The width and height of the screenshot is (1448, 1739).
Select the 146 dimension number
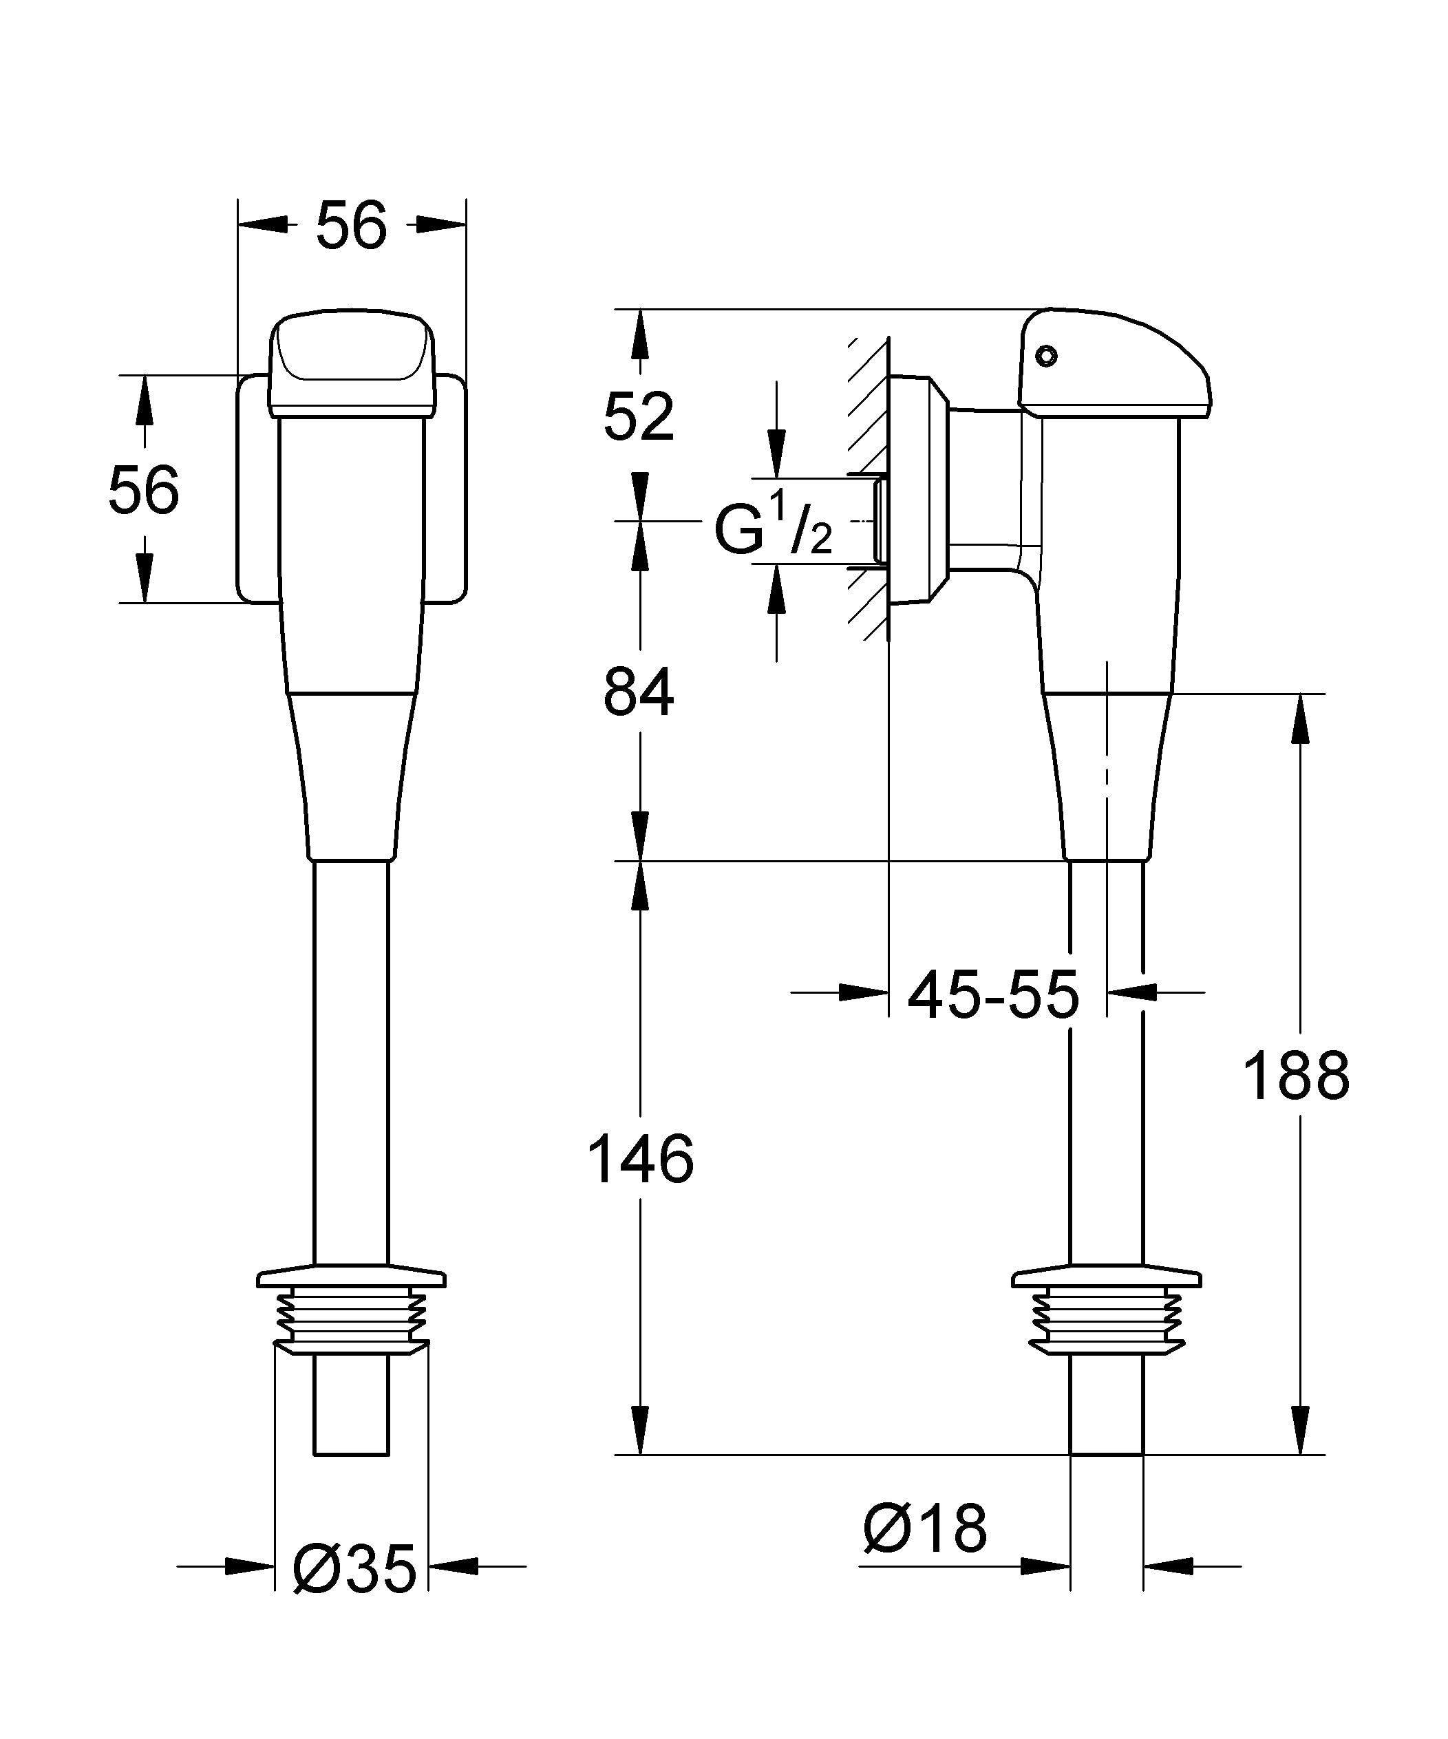639,1160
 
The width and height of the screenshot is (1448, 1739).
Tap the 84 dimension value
639,693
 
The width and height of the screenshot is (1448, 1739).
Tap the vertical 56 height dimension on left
143,490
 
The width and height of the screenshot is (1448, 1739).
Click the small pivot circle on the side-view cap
1046,356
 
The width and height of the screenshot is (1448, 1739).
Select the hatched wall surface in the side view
867,489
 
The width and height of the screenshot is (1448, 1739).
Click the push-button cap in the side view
1114,364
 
